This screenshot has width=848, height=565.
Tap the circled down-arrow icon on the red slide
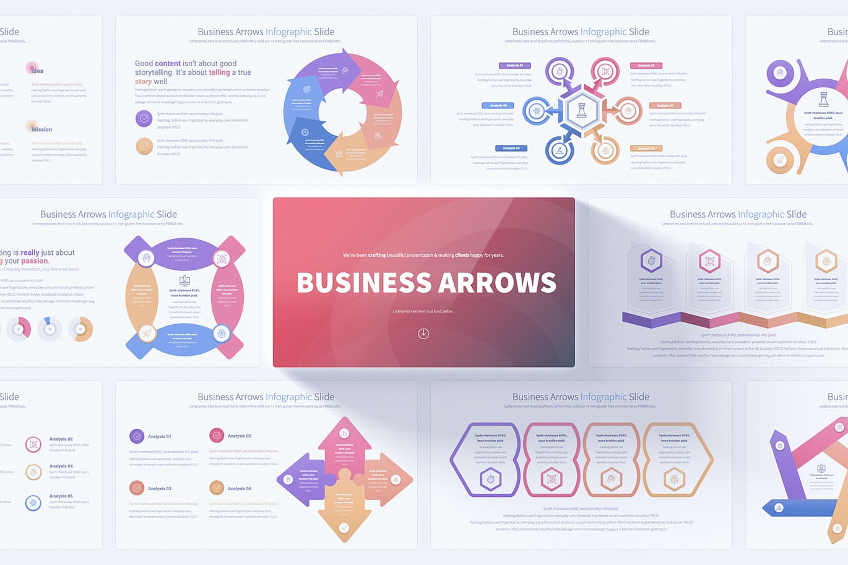tap(423, 334)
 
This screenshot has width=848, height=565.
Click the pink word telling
tap(219, 72)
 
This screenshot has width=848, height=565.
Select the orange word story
tap(143, 82)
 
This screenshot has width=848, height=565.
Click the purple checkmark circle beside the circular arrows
tap(144, 118)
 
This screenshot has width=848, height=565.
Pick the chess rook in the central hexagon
tap(581, 111)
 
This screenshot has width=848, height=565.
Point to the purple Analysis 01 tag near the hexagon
tap(514, 65)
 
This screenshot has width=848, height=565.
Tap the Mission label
tap(41, 129)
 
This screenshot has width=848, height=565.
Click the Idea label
tap(37, 71)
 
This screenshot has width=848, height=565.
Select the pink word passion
tap(35, 261)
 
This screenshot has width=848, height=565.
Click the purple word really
tap(30, 252)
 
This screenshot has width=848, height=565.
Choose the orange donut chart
tap(80, 329)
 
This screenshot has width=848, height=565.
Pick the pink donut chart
tap(19, 329)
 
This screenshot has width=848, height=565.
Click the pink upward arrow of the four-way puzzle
tap(344, 443)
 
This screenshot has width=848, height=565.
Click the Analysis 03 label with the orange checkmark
tap(159, 488)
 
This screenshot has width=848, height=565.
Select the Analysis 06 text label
tap(61, 496)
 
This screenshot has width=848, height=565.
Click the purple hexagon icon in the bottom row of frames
tap(490, 479)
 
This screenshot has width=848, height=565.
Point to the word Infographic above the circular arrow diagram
tap(288, 32)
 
